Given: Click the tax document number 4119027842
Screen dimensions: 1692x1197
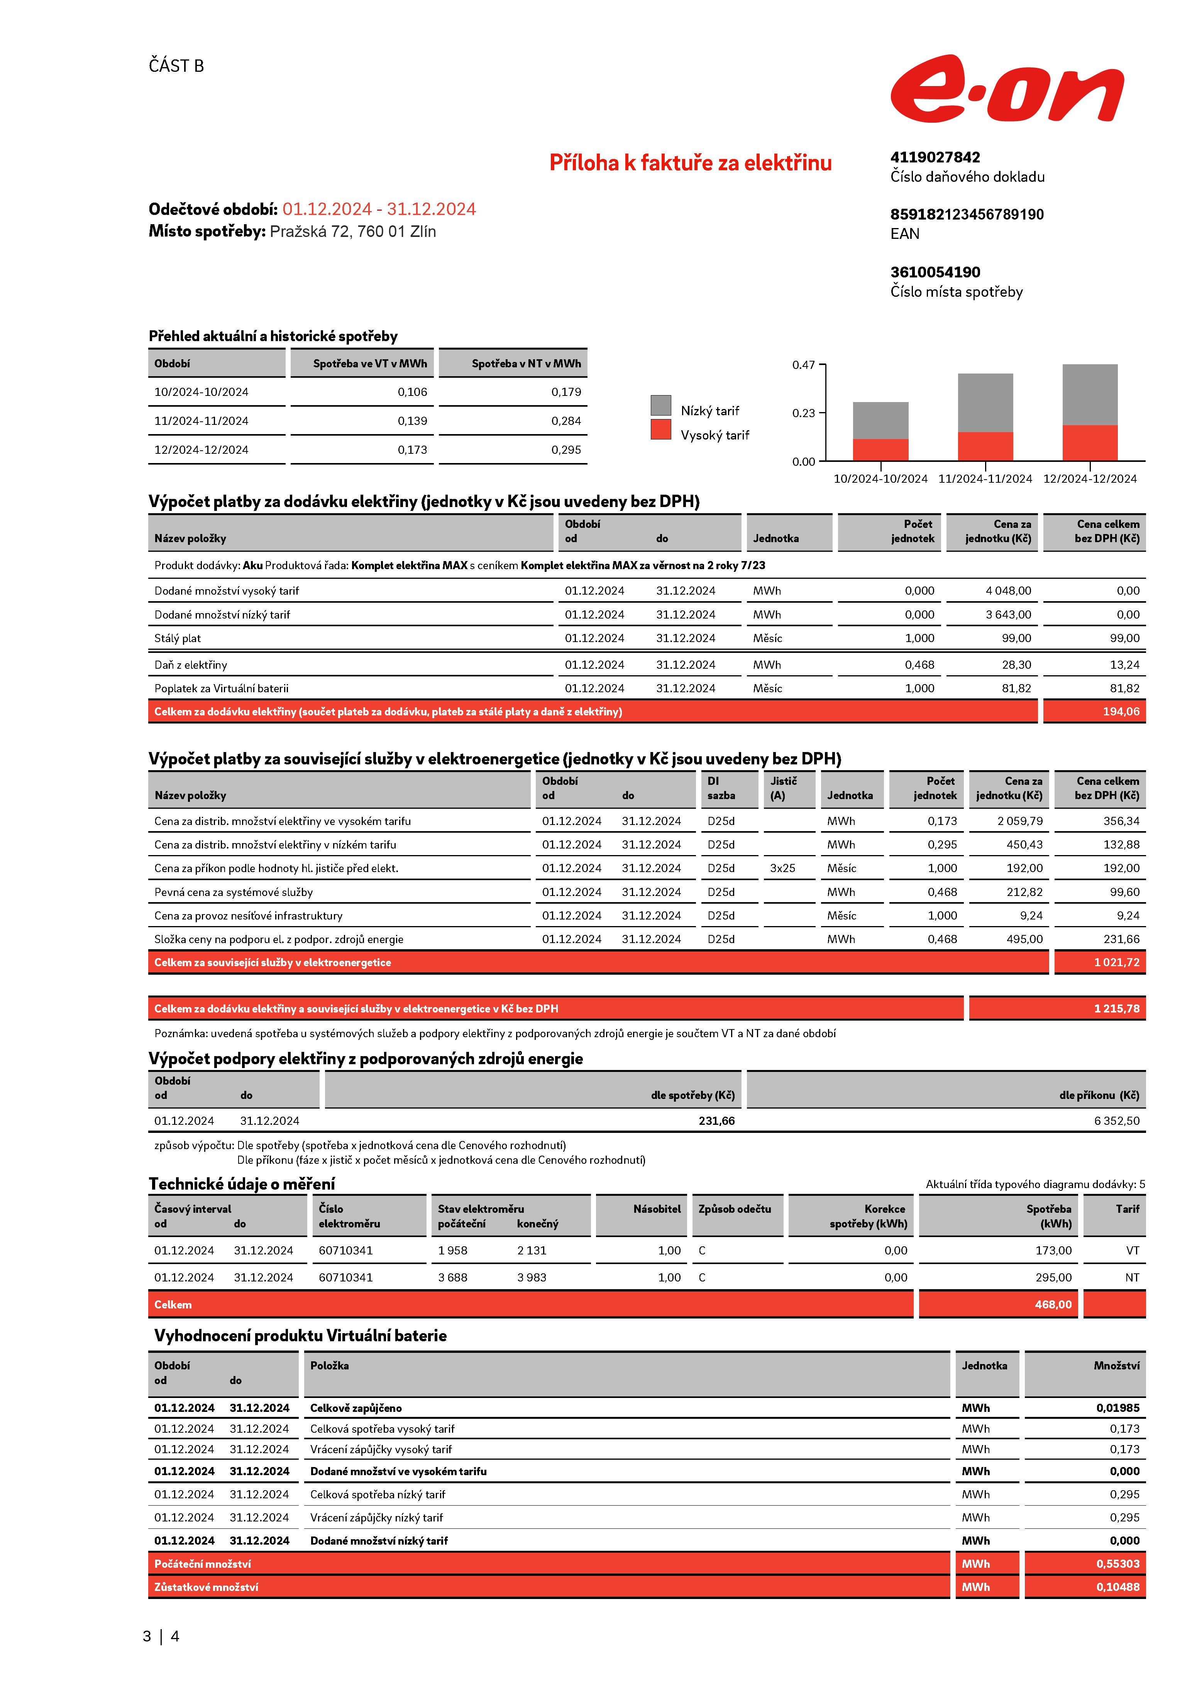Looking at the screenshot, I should click(x=935, y=157).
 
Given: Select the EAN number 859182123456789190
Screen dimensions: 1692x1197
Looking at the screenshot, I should click(x=966, y=215).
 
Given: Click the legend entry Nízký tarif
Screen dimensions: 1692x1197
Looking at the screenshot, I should click(x=709, y=411).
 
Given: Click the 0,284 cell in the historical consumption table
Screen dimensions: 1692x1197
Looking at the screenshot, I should click(x=565, y=421).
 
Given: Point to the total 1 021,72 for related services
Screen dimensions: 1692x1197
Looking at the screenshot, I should click(x=1116, y=962).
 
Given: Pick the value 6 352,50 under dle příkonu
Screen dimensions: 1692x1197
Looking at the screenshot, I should click(x=1116, y=1121).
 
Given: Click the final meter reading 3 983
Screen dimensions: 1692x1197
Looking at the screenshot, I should click(x=532, y=1277).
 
